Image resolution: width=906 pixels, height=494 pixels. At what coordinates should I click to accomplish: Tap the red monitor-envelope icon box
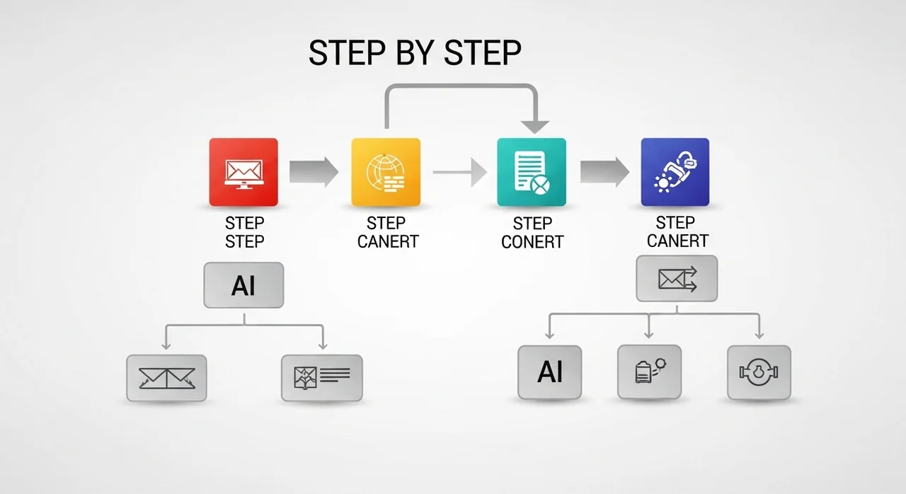click(243, 172)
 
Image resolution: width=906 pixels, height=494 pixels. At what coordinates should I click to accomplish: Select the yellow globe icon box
click(386, 172)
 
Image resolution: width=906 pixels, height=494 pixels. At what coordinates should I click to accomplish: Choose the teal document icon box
click(532, 172)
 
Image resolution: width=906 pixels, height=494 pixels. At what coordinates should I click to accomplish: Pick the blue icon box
click(675, 172)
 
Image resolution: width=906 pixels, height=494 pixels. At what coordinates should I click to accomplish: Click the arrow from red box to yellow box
click(314, 172)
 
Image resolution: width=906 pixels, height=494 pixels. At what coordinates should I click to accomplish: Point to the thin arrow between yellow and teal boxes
click(460, 172)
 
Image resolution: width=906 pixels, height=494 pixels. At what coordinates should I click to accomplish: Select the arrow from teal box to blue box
click(604, 172)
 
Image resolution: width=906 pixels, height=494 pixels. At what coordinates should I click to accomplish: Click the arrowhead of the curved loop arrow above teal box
click(534, 127)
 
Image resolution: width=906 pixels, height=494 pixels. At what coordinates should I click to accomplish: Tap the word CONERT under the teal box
click(532, 242)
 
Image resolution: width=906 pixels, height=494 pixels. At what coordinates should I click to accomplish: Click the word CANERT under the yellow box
click(388, 242)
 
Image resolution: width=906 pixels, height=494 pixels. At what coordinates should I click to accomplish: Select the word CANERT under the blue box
click(677, 241)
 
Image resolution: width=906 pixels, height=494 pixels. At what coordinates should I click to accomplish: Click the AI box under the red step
click(243, 285)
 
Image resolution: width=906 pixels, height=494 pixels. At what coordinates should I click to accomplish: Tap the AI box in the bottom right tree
click(550, 372)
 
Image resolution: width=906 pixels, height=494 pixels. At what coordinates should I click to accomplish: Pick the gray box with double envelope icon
click(166, 378)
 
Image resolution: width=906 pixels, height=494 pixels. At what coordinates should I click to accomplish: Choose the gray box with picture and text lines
click(322, 378)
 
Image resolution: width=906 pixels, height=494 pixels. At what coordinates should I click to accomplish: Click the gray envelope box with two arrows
click(677, 279)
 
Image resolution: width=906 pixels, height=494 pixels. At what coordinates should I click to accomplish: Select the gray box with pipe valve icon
click(759, 372)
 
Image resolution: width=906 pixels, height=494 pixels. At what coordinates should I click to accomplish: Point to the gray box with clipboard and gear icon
click(649, 372)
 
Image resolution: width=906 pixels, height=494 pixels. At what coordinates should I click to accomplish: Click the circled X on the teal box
click(540, 185)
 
